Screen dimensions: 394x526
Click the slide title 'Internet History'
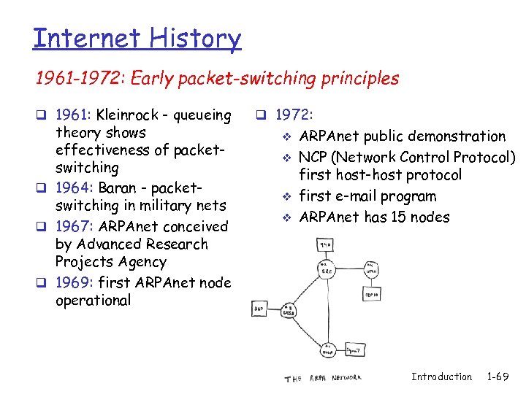pyautogui.click(x=137, y=38)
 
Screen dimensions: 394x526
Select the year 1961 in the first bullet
pyautogui.click(x=71, y=115)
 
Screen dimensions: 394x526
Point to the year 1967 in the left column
pyautogui.click(x=71, y=227)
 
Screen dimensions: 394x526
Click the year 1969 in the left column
pyautogui.click(x=71, y=282)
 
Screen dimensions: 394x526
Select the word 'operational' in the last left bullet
pyautogui.click(x=93, y=301)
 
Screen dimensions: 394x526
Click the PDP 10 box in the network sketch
pyautogui.click(x=371, y=293)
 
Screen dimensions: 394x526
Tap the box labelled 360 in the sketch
pyautogui.click(x=259, y=309)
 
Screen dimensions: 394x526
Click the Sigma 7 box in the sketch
pyautogui.click(x=353, y=351)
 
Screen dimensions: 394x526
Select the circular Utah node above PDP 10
pyautogui.click(x=371, y=268)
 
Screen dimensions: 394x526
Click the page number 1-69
pyautogui.click(x=498, y=377)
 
